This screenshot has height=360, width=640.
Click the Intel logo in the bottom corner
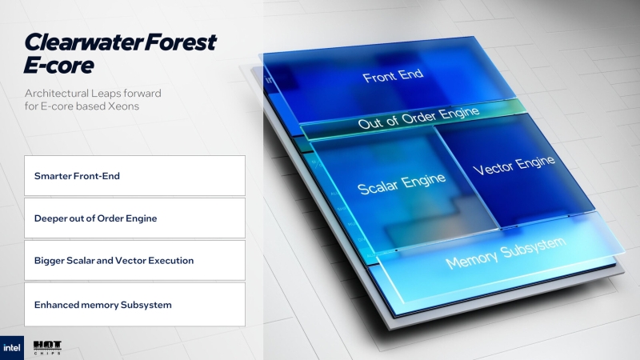point(12,347)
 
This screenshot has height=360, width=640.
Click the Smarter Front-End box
point(134,175)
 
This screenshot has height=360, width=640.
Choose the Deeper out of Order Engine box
point(134,218)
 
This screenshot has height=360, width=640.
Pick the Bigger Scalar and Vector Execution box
point(134,261)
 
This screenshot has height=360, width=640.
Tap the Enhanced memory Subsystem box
point(134,304)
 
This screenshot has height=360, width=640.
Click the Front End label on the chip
point(393,77)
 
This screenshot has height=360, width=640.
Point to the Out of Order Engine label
point(419,118)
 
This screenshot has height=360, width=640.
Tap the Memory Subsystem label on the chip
point(505,251)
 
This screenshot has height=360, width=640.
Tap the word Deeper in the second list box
point(50,218)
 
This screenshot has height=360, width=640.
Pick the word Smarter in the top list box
point(52,175)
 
